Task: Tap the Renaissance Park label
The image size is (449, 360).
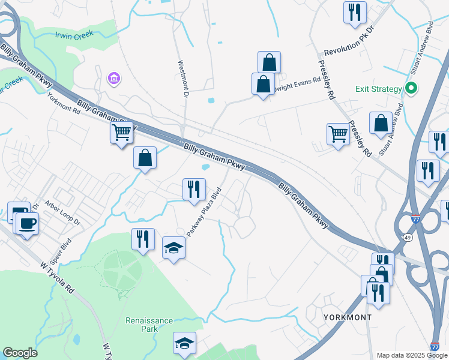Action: pyautogui.click(x=149, y=325)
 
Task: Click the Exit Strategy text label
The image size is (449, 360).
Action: pyautogui.click(x=378, y=89)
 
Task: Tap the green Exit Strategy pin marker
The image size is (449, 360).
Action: pyautogui.click(x=411, y=89)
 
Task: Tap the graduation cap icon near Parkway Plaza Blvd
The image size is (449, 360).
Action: pyautogui.click(x=173, y=247)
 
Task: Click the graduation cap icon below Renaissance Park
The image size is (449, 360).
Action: pyautogui.click(x=184, y=343)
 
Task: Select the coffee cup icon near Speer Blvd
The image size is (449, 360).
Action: pyautogui.click(x=26, y=223)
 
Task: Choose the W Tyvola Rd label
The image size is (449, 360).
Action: pyautogui.click(x=57, y=277)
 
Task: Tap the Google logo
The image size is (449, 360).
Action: pyautogui.click(x=20, y=353)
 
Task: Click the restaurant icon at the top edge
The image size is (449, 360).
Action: pyautogui.click(x=355, y=11)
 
